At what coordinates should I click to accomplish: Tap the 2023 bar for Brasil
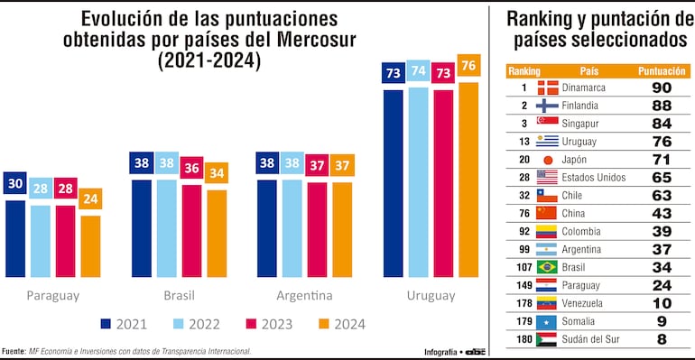[192, 229]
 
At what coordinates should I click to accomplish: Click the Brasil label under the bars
[179, 295]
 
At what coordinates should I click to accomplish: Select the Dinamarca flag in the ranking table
[547, 88]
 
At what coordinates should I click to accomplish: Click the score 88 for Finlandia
[662, 105]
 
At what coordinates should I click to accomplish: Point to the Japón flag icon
[547, 159]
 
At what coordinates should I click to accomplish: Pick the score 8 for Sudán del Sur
[662, 339]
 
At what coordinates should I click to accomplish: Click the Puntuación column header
[662, 70]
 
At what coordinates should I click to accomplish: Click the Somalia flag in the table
[547, 321]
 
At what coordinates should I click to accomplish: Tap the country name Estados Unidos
[595, 177]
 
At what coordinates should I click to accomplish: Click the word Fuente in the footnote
[14, 351]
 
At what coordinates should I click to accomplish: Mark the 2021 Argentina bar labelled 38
[267, 227]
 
